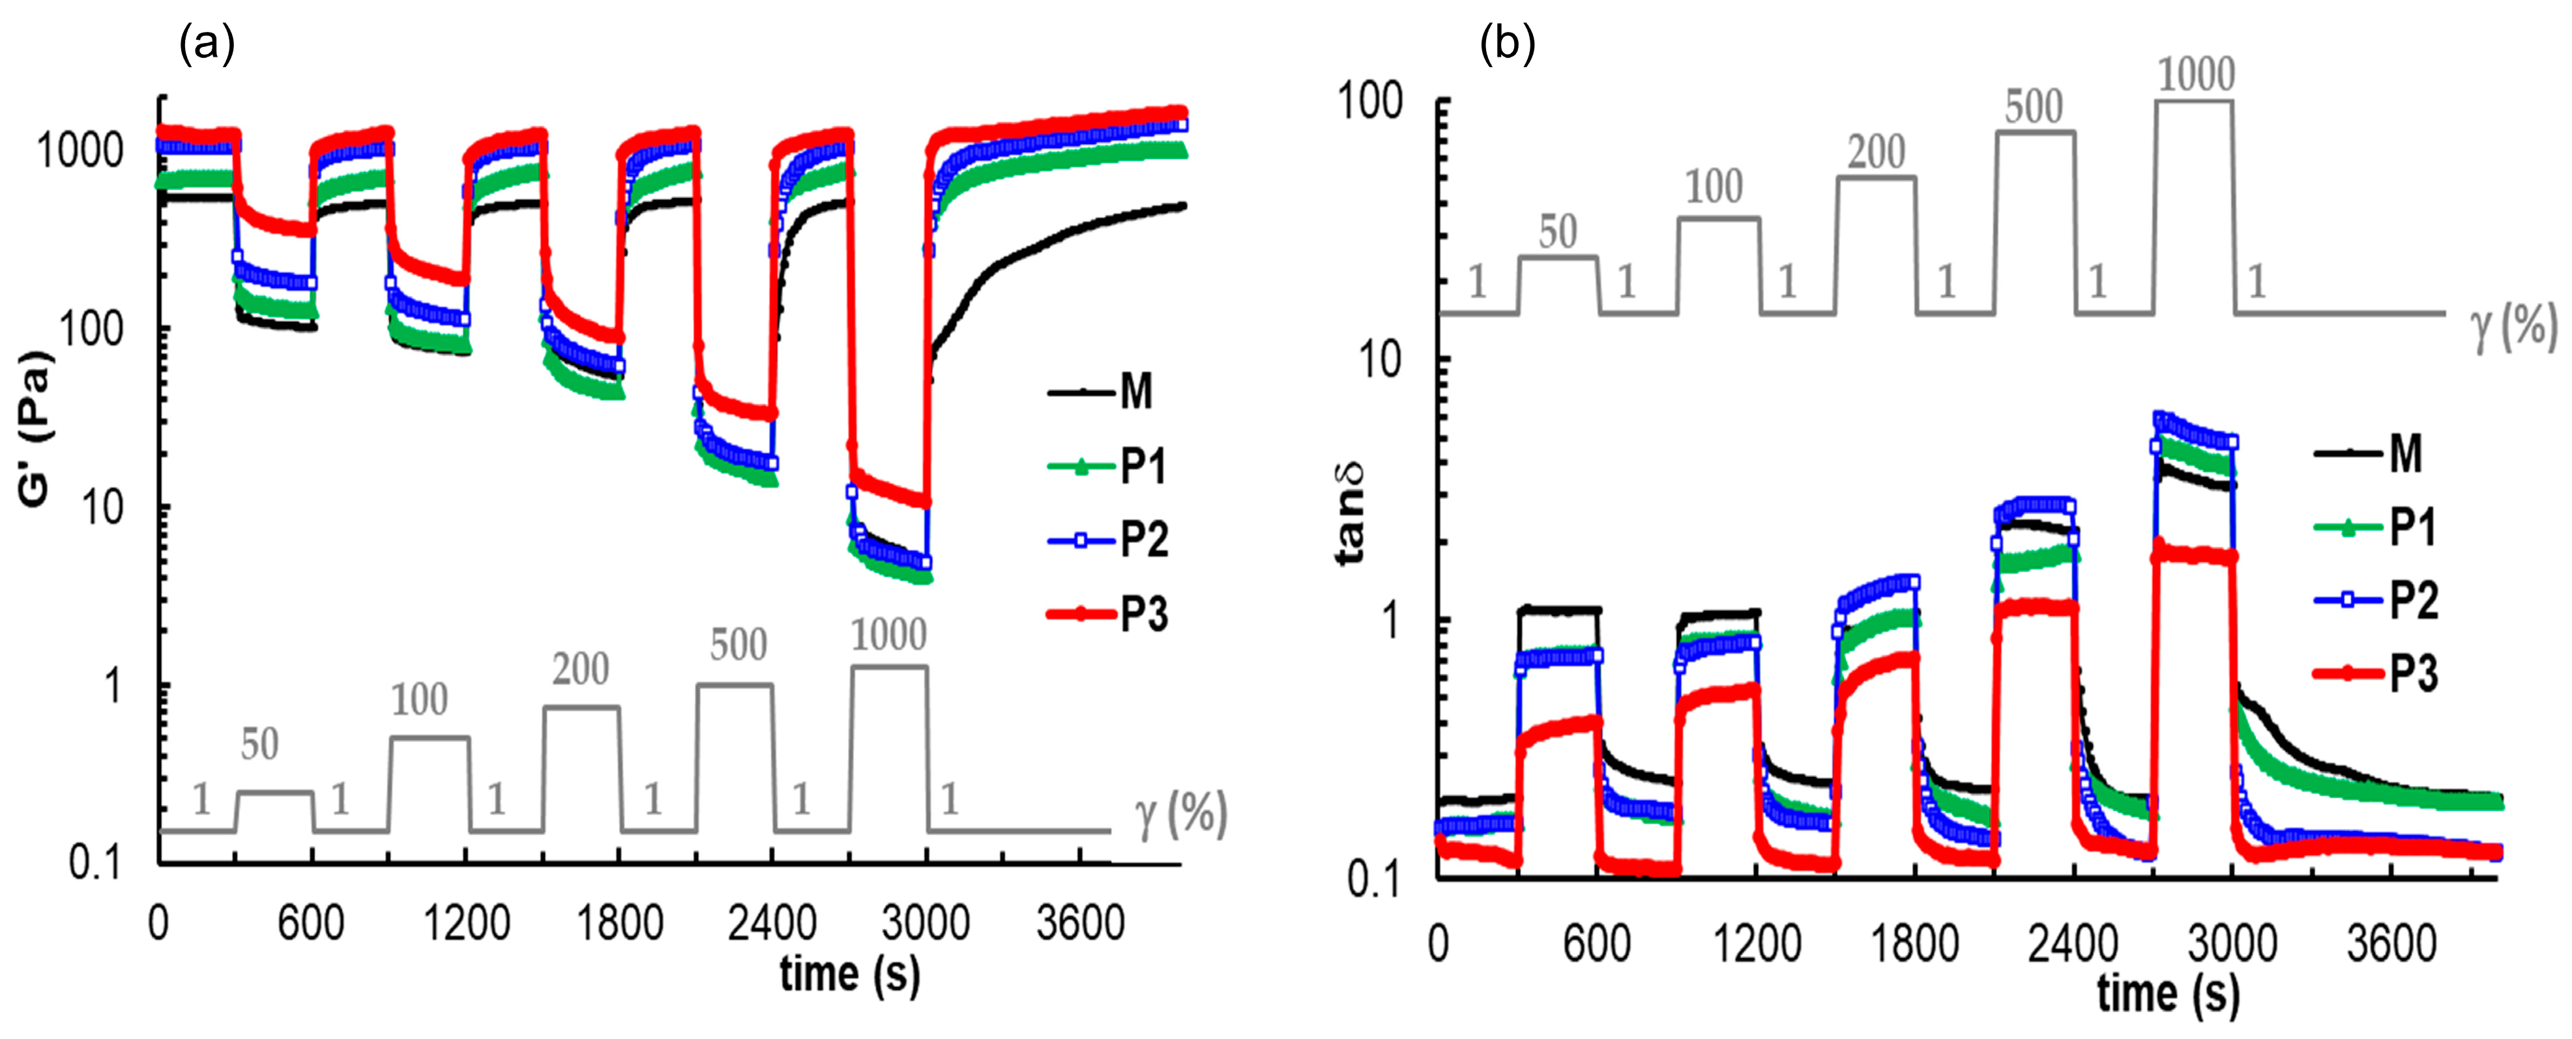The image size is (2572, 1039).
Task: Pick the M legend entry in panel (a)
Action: pos(1102,391)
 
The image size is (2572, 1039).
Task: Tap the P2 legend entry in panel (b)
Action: pos(2376,600)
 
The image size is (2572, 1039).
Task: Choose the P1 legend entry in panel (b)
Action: pos(2376,527)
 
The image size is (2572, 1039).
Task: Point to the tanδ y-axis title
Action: pos(1349,514)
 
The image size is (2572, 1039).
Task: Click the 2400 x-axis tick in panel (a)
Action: pos(772,923)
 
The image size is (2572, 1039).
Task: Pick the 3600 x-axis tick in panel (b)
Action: pos(2391,943)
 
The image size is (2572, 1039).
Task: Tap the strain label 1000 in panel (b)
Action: pos(2195,75)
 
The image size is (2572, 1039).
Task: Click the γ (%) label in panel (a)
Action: pos(1180,813)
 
